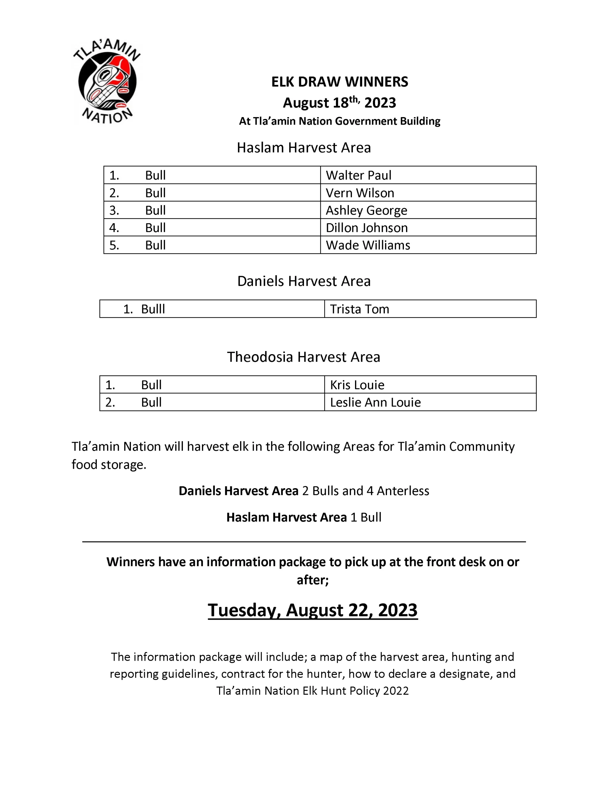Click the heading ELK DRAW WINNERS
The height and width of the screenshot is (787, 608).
tap(339, 82)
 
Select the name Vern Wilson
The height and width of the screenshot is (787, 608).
tap(360, 193)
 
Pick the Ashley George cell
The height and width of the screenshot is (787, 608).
tap(366, 210)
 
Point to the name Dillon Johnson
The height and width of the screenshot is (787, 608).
tap(366, 228)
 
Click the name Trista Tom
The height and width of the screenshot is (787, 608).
tap(359, 309)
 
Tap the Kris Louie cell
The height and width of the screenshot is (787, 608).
tap(357, 385)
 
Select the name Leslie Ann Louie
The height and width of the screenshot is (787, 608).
tap(375, 402)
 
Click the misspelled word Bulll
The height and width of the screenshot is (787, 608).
tap(153, 309)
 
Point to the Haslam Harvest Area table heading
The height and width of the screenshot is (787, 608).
tap(303, 148)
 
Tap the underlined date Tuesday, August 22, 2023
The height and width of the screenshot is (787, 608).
tap(313, 610)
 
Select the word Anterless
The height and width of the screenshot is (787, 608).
tap(403, 491)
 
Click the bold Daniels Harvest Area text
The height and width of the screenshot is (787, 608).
tap(238, 491)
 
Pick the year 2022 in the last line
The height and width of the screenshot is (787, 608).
tap(396, 690)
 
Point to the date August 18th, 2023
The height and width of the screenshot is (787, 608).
tap(339, 103)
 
